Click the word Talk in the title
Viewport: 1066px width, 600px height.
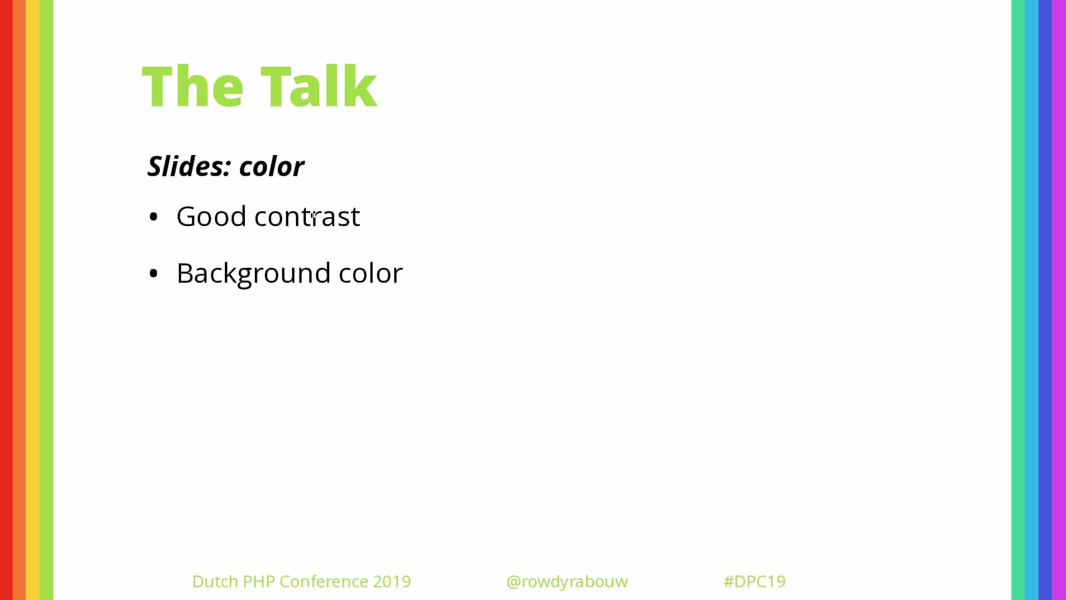coord(319,86)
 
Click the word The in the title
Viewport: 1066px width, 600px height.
coord(193,86)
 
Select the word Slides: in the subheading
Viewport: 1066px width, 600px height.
coord(189,166)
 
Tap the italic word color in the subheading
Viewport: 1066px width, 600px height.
coord(271,166)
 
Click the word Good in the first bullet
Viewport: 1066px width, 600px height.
coord(211,216)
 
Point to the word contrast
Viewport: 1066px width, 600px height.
coord(307,216)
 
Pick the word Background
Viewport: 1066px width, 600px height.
coord(254,273)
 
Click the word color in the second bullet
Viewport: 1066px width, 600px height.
coord(371,273)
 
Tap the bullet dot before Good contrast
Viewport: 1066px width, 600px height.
coord(154,217)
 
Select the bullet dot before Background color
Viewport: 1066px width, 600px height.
coord(154,274)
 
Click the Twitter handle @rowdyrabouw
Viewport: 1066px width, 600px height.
coord(567,581)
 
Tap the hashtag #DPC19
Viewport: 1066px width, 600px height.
coord(755,581)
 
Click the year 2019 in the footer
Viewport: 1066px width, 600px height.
coord(392,581)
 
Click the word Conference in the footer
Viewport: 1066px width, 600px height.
coord(324,581)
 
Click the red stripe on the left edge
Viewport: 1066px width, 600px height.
coord(6,300)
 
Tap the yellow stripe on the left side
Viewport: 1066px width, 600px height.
coord(33,300)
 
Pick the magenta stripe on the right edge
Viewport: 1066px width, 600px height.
coord(1059,300)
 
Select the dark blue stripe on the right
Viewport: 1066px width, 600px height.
coord(1045,300)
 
